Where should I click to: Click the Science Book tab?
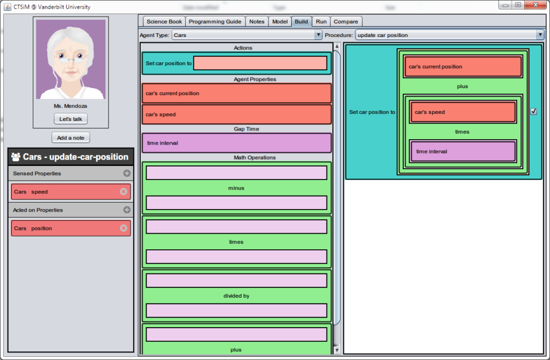pyautogui.click(x=164, y=21)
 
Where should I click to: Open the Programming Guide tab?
pyautogui.click(x=215, y=21)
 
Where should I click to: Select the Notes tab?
pyautogui.click(x=257, y=21)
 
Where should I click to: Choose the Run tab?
pyautogui.click(x=321, y=21)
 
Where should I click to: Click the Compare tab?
pyautogui.click(x=346, y=21)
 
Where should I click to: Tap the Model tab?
pyautogui.click(x=280, y=21)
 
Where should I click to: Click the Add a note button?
pyautogui.click(x=71, y=138)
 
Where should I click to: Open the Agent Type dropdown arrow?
pyautogui.click(x=318, y=35)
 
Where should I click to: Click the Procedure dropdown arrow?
pyautogui.click(x=540, y=35)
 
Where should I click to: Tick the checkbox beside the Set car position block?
pyautogui.click(x=533, y=112)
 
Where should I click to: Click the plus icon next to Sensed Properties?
pyautogui.click(x=127, y=173)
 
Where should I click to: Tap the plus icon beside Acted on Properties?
pyautogui.click(x=127, y=210)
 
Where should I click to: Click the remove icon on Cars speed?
pyautogui.click(x=124, y=191)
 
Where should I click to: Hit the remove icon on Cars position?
pyautogui.click(x=124, y=228)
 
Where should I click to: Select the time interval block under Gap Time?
pyautogui.click(x=237, y=143)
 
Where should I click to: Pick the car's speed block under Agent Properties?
pyautogui.click(x=237, y=114)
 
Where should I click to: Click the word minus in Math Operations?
pyautogui.click(x=236, y=188)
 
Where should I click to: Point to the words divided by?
pyautogui.click(x=236, y=296)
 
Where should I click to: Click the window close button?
pyautogui.click(x=535, y=5)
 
